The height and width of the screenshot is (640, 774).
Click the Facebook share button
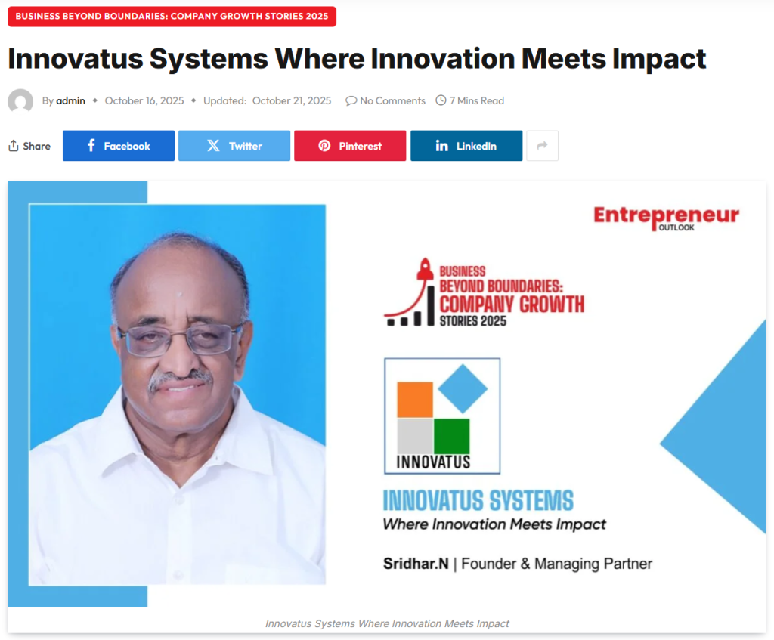(x=119, y=146)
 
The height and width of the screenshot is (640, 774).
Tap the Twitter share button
(x=234, y=146)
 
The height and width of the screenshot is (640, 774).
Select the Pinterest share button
(x=350, y=146)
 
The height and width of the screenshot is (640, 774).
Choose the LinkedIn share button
(x=466, y=146)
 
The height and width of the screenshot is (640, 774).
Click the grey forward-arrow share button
(x=542, y=146)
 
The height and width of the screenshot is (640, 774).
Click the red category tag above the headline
(x=172, y=16)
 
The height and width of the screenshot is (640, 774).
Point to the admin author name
(x=70, y=100)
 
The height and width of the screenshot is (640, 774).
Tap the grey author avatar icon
(x=20, y=101)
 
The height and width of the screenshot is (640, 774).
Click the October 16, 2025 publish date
(x=144, y=100)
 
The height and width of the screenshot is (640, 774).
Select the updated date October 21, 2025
(x=292, y=100)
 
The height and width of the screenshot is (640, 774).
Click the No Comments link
(x=385, y=100)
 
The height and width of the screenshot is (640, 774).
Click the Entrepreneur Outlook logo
(x=666, y=218)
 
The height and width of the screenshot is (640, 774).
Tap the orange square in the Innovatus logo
(x=414, y=399)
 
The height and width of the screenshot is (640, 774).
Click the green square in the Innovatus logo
(x=451, y=436)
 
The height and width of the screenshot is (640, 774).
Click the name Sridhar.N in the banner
(x=415, y=564)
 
